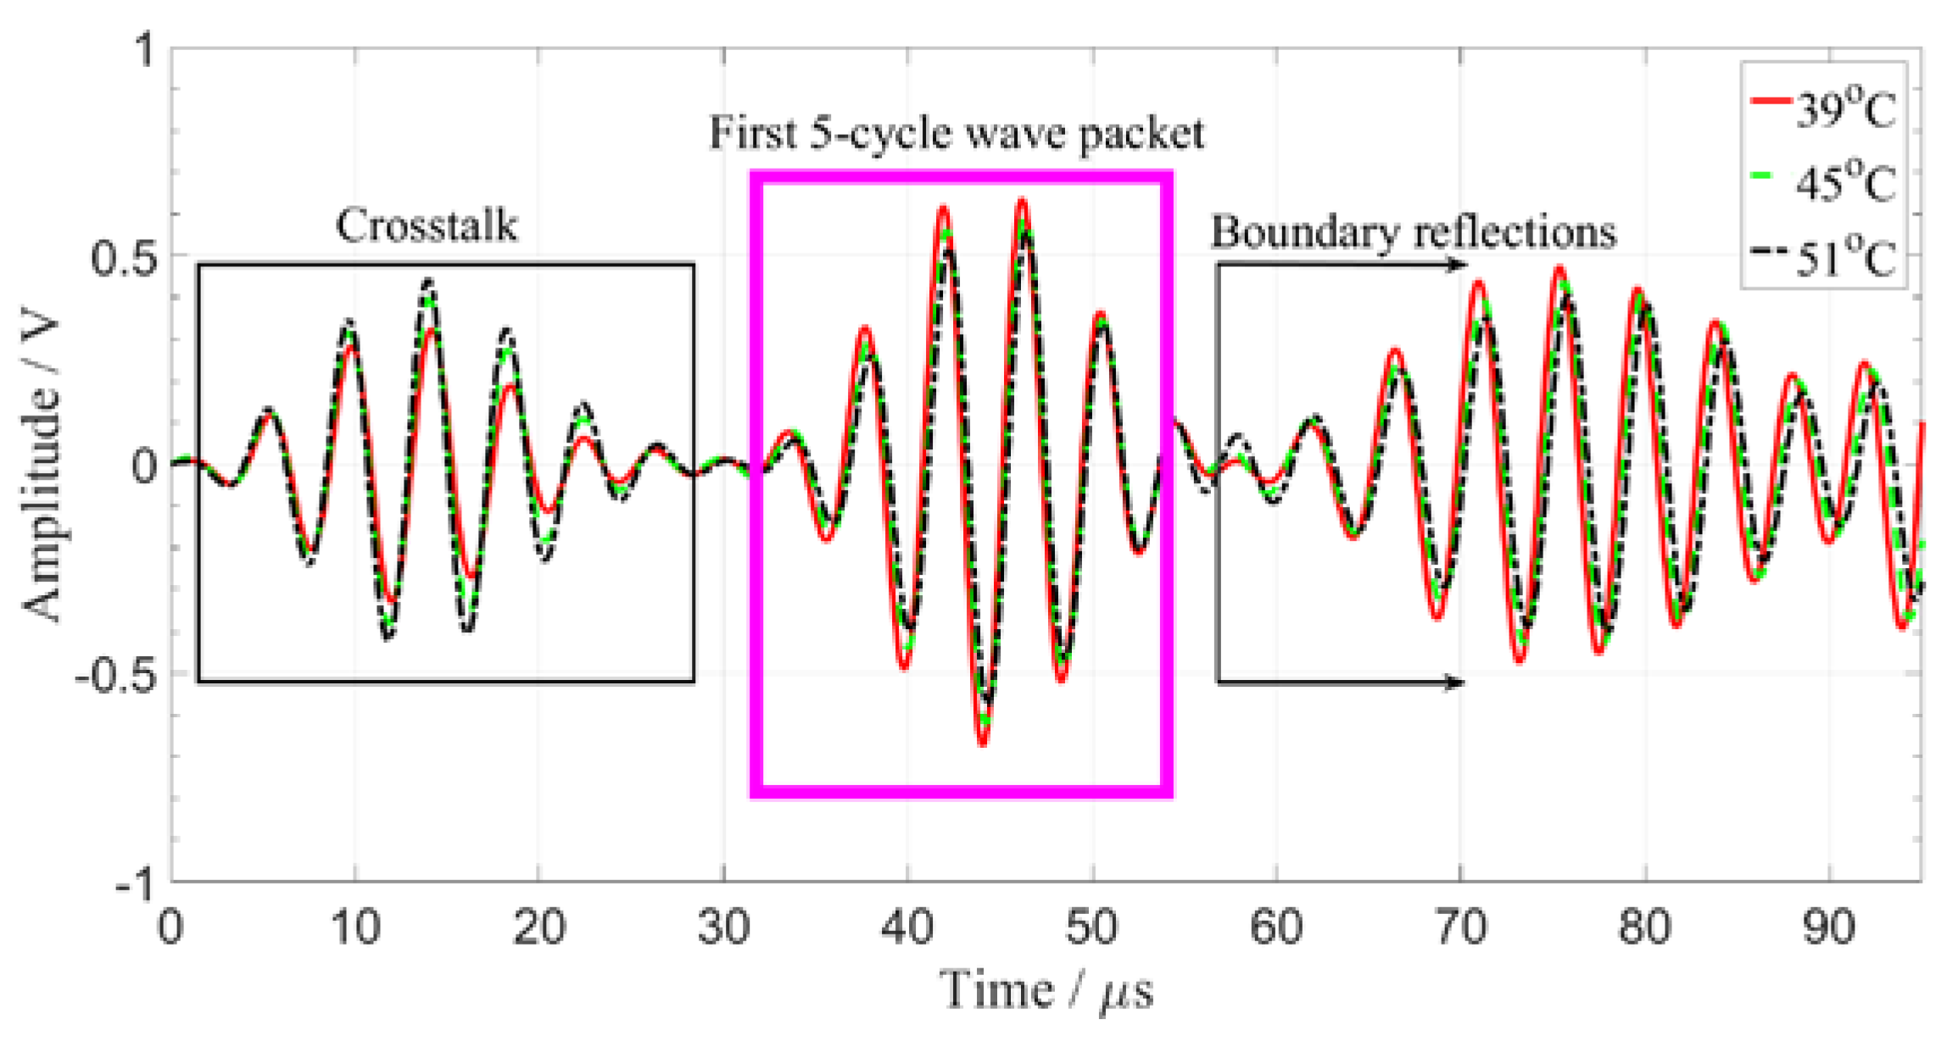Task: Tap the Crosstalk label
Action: tap(427, 226)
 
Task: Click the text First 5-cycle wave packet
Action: tap(957, 134)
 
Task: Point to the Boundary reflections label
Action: tap(1413, 231)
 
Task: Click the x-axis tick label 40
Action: tap(907, 928)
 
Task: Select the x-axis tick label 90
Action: tap(1828, 928)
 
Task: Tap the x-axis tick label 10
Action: tap(354, 928)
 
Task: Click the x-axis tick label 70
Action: tap(1460, 928)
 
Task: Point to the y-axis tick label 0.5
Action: tap(125, 258)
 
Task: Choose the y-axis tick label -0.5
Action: tap(116, 677)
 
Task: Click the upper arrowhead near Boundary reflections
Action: tap(1457, 265)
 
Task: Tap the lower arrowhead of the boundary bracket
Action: tap(1455, 682)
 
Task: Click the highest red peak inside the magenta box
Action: tap(1022, 201)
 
